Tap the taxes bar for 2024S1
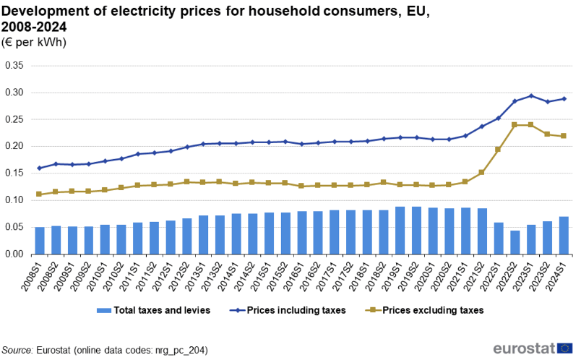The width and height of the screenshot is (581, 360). [x=564, y=236]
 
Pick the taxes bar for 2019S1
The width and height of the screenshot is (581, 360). [x=400, y=231]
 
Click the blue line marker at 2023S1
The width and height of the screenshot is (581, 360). [x=531, y=95]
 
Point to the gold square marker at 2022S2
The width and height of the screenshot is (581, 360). [x=515, y=124]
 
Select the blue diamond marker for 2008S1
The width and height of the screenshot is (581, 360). [x=40, y=168]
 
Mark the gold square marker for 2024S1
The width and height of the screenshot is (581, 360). [x=564, y=136]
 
